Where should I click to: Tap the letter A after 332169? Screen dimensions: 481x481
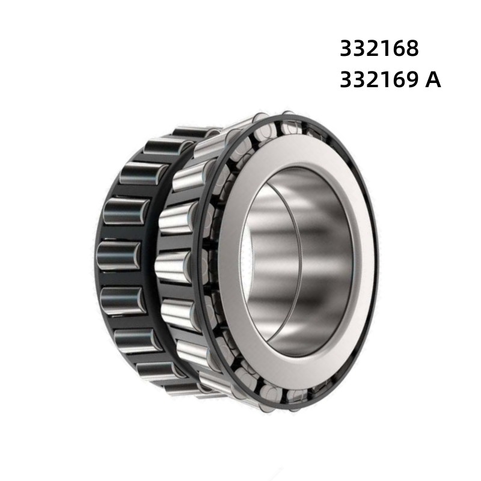click(433, 80)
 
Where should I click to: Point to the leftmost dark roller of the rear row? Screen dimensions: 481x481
click(117, 253)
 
